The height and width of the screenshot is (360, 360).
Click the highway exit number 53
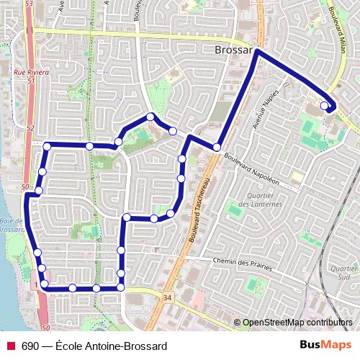(30, 5)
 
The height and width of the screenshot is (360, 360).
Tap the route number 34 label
(168, 297)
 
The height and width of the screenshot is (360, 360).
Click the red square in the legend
(11, 346)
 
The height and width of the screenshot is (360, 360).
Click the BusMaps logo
(325, 345)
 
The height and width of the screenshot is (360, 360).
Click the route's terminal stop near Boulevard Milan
(324, 106)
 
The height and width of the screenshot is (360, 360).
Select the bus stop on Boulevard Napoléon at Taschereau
(217, 148)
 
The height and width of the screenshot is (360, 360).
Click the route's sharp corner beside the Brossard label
(256, 51)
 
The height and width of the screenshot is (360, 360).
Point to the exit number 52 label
(30, 128)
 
